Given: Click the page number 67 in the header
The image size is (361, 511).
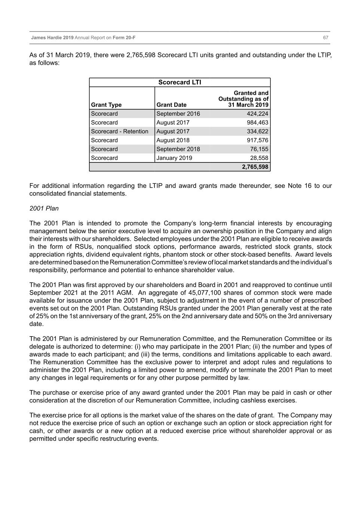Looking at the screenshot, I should [x=325, y=38].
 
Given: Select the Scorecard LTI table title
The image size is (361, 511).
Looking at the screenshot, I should [x=180, y=82].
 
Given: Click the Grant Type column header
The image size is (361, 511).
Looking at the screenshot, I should [x=106, y=105].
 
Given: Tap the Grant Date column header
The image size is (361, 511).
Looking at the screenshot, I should [x=171, y=105].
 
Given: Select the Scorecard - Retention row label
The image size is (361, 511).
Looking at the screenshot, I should [x=120, y=131].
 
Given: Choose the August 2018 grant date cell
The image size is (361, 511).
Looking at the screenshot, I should [x=173, y=140].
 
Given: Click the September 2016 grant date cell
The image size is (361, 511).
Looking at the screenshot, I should [x=178, y=114].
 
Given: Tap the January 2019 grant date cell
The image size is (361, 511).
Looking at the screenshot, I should [x=174, y=158].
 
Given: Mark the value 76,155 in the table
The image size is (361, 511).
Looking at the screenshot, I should [x=259, y=149].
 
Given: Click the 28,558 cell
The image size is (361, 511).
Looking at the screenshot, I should [x=259, y=158].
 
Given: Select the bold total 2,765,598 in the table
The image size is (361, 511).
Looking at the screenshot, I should [x=255, y=167].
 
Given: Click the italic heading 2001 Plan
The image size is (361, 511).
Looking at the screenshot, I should [x=44, y=209].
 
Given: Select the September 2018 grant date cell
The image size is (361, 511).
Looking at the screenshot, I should [x=178, y=149].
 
